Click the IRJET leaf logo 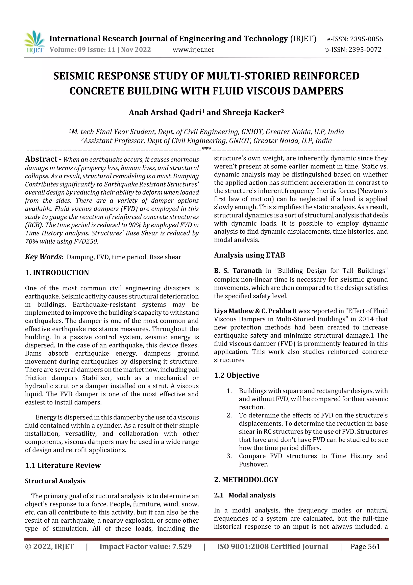click(34, 42)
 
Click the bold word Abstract click(41, 159)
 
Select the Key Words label click(43, 257)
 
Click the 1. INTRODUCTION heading click(57, 273)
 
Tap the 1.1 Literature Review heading click(63, 465)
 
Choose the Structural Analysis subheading click(55, 481)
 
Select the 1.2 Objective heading click(237, 375)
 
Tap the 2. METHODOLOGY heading click(246, 480)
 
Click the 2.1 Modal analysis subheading click(245, 495)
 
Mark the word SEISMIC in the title click(74, 76)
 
